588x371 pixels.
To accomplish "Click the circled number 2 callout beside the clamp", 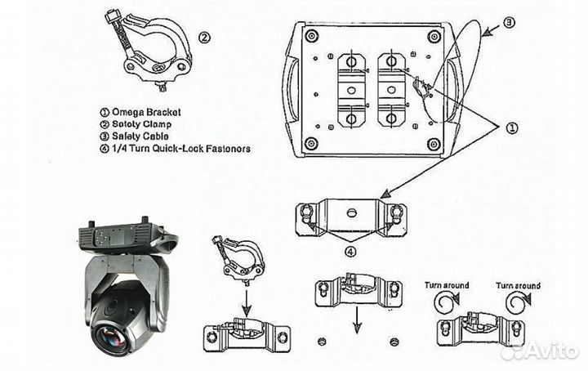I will [x=204, y=36].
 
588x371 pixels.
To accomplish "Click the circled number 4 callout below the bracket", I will [x=350, y=252].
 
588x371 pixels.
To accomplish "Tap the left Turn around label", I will [x=446, y=285].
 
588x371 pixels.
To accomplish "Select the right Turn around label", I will [x=518, y=285].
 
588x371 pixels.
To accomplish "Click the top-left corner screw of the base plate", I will [x=311, y=36].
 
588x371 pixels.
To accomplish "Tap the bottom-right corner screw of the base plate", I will [x=434, y=145].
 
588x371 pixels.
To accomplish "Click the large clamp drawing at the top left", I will [x=151, y=53].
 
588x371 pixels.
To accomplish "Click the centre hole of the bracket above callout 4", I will [x=351, y=212].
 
